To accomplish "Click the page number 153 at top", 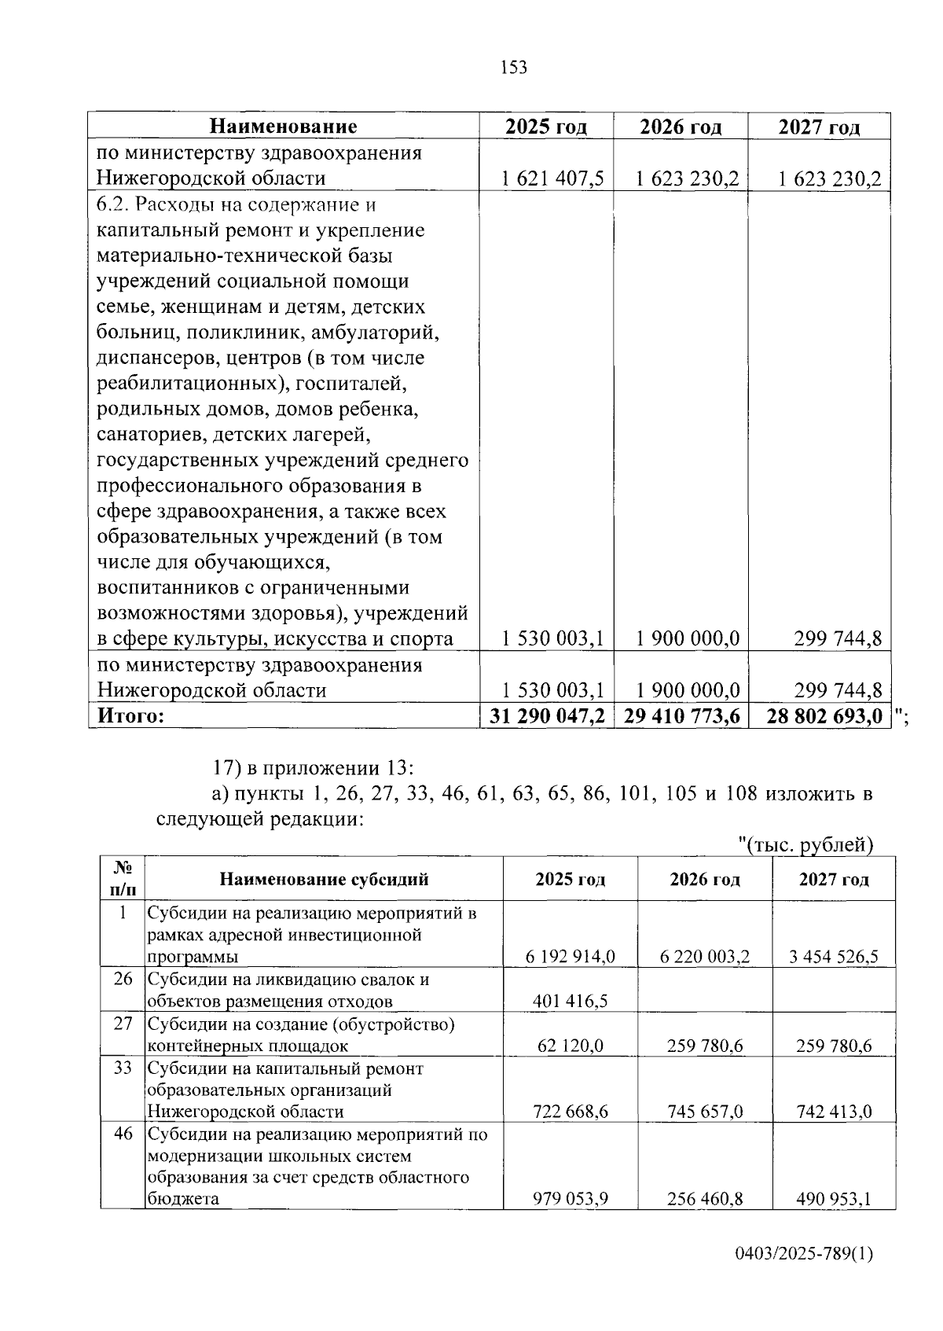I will point(513,68).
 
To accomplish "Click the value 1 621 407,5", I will point(552,179).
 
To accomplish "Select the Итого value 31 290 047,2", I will point(547,716).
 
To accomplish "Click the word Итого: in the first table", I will point(130,716).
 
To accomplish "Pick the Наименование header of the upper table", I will point(283,127).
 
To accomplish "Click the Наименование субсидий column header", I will point(324,879).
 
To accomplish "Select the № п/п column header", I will point(123,879).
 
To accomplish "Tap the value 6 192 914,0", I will point(570,957).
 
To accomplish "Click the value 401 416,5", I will point(570,1001).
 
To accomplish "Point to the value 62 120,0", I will point(571,1046).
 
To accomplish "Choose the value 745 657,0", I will point(705,1112).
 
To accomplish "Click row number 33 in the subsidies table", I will point(123,1069).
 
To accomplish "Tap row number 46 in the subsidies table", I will point(123,1134).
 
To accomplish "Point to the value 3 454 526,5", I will point(834,957).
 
